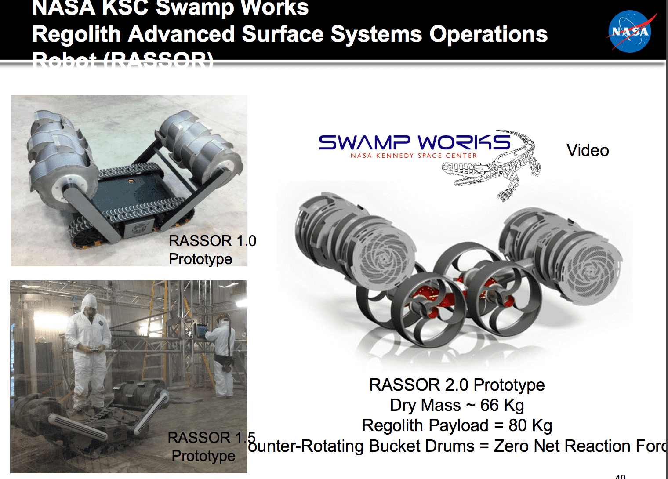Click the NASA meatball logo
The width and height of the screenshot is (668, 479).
pos(630,32)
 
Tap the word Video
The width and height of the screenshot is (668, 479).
pos(588,150)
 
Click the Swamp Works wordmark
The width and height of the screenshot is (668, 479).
pos(414,142)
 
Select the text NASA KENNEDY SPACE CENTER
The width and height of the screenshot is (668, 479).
pos(414,156)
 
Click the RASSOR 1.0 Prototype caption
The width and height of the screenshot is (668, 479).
pos(212,250)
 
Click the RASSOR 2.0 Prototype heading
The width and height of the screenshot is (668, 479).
pos(457,385)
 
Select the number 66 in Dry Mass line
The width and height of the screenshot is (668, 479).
pos(489,405)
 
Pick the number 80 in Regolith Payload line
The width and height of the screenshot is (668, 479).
pos(517,425)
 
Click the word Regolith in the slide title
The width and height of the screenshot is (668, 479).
pos(76,34)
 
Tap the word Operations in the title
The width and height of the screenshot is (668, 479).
pos(488,34)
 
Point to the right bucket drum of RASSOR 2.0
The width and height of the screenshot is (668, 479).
pos(565,255)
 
